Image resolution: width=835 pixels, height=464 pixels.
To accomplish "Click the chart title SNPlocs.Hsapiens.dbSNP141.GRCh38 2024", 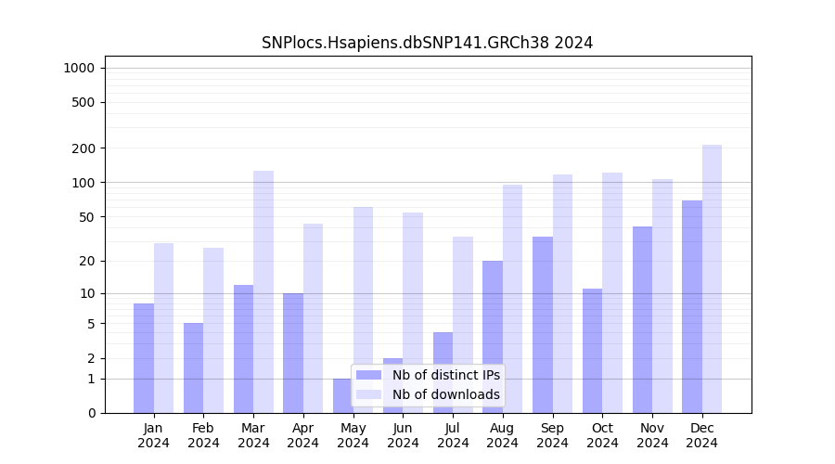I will pos(427,43).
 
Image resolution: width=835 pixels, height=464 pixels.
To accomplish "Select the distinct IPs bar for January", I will pos(144,357).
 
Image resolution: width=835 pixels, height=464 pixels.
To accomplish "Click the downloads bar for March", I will pos(263,291).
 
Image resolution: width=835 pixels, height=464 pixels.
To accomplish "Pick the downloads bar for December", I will pos(713,278).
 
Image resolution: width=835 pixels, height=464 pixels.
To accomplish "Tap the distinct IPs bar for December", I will pos(692,306).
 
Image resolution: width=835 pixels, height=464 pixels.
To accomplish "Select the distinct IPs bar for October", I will pos(592,350).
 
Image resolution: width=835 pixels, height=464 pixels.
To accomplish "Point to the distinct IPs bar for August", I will pos(493,336).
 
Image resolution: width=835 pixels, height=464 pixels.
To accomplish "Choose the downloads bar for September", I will pos(562,293).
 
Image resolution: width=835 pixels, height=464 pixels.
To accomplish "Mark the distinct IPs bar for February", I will pos(193,367).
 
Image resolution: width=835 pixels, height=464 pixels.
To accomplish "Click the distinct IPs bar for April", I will pos(293,353).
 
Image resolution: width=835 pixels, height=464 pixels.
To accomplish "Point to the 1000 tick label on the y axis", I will pos(79,68).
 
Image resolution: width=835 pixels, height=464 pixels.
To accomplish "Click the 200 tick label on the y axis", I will pos(83,148).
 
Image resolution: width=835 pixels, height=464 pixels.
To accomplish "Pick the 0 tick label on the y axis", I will pos(91,413).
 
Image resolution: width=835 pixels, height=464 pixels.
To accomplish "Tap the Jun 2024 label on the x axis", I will pos(403,435).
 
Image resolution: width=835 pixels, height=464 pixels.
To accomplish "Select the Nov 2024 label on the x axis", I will pos(652,435).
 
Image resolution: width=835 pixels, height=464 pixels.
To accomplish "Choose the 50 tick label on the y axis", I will pos(86,217).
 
